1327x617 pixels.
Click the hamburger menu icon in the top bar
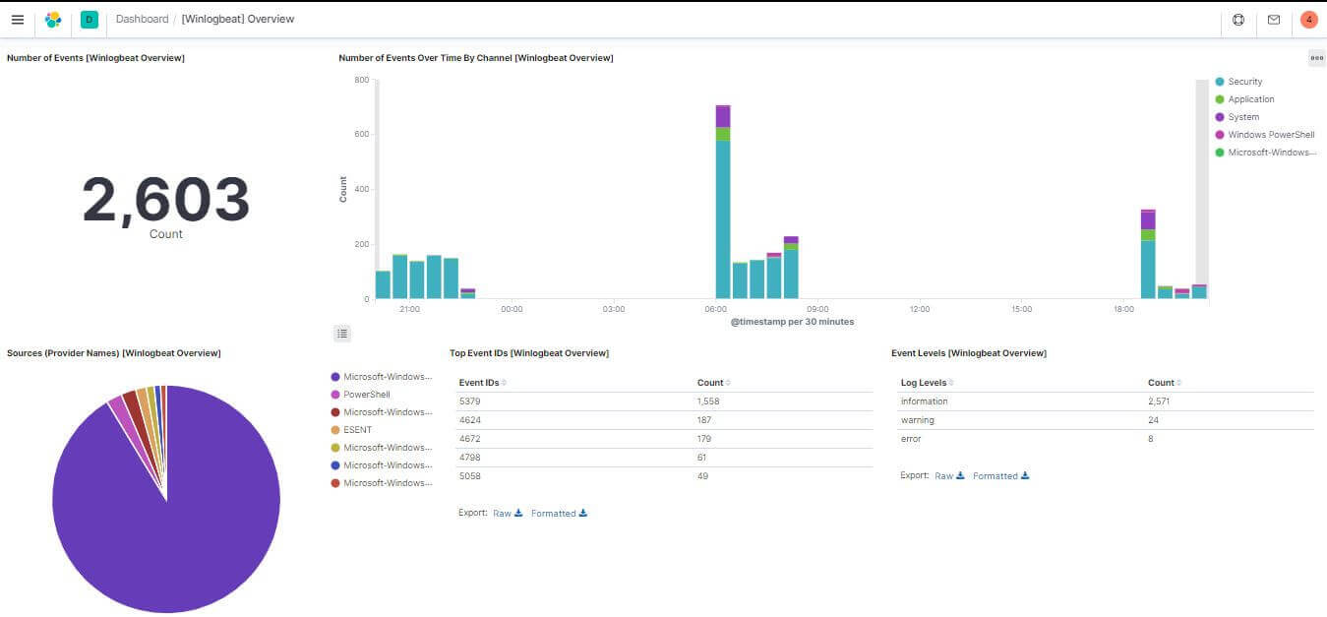click(x=18, y=20)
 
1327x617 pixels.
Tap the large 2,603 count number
click(x=165, y=199)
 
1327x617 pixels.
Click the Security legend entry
click(x=1244, y=82)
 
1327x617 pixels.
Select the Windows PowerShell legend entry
click(x=1270, y=135)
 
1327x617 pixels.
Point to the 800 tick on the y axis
click(x=361, y=80)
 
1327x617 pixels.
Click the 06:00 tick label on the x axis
click(x=716, y=309)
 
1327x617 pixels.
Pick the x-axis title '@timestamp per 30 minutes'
click(x=792, y=322)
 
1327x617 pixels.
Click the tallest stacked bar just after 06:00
click(x=723, y=202)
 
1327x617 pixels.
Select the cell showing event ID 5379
click(x=469, y=401)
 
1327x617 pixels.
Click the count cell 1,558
click(x=709, y=401)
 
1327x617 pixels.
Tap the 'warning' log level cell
click(x=917, y=420)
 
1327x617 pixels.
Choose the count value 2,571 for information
click(x=1158, y=401)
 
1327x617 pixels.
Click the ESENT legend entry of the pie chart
click(x=357, y=430)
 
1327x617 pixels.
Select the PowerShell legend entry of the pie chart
click(x=366, y=395)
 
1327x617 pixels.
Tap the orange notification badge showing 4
click(x=1308, y=20)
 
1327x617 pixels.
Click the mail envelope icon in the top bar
click(x=1274, y=20)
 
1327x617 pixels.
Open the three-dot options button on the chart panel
click(x=1316, y=58)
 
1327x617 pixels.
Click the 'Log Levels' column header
click(x=924, y=383)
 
